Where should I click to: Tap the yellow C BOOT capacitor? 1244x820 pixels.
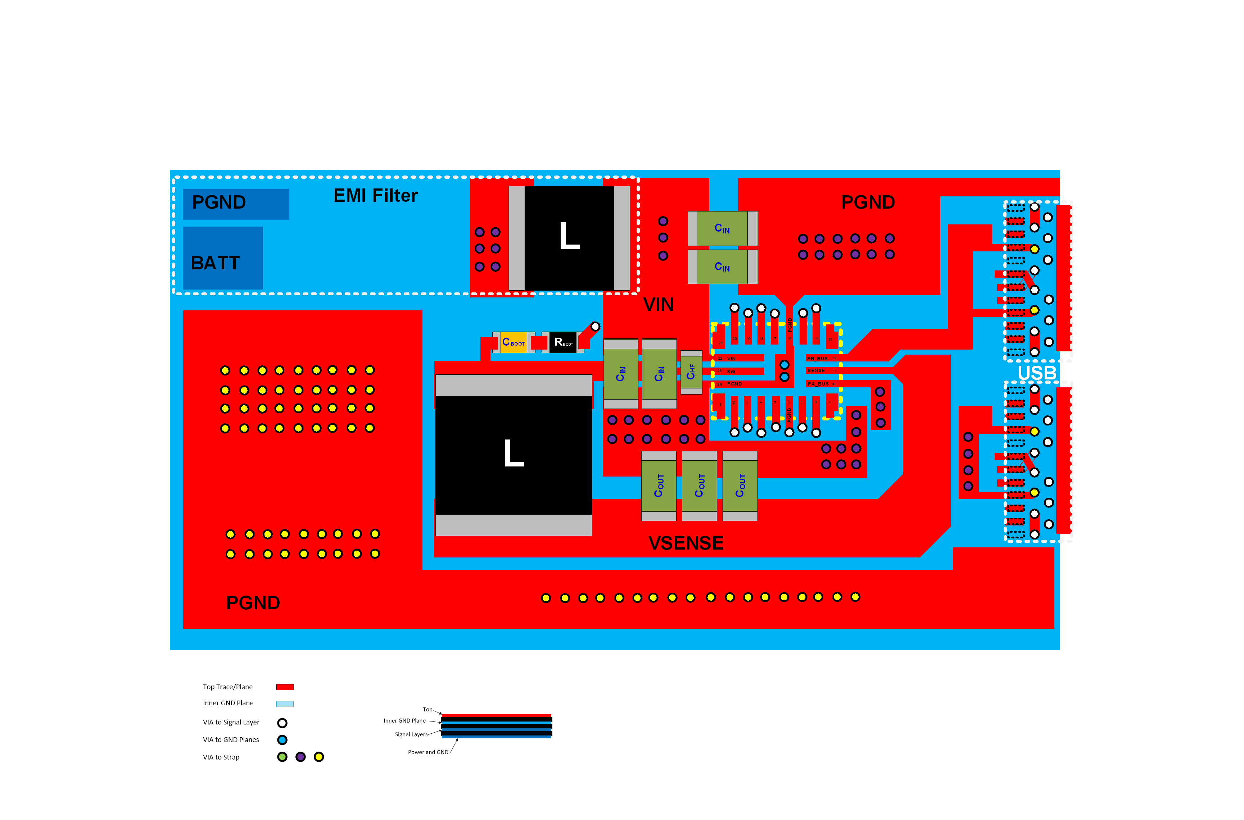pos(513,342)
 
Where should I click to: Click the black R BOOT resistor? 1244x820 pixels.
pos(563,342)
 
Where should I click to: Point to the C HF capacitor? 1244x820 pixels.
pos(691,372)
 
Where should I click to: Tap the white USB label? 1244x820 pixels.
pos(1036,373)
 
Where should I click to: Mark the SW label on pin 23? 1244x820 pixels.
pos(731,372)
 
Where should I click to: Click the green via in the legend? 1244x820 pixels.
pos(282,757)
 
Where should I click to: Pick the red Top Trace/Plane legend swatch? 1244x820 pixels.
pos(285,687)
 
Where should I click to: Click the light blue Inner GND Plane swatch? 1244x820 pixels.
pos(285,704)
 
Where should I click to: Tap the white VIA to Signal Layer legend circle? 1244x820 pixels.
pos(282,723)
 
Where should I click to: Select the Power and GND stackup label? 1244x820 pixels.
pos(428,752)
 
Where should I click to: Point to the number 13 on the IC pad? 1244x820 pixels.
pos(830,340)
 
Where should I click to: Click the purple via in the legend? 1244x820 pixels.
pos(300,757)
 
